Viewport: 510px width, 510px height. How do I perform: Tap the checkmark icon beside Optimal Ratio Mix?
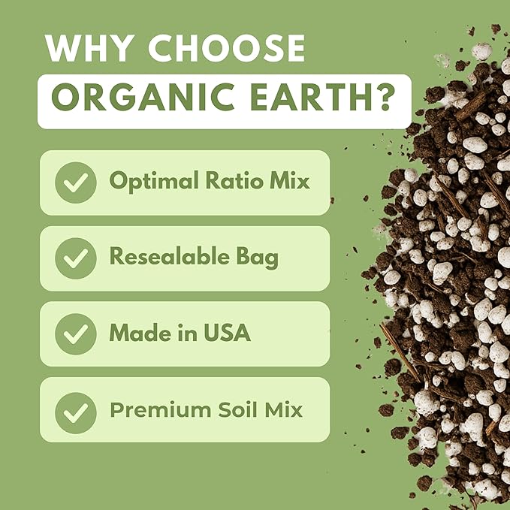tap(76, 183)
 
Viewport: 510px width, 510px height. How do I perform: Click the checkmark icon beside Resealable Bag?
tap(76, 258)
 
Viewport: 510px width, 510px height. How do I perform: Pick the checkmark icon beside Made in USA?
tap(76, 334)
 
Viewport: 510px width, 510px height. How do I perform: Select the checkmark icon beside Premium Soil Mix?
tap(76, 410)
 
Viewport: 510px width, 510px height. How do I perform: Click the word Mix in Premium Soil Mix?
tap(283, 410)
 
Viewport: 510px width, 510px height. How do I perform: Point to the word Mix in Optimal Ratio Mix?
tap(288, 181)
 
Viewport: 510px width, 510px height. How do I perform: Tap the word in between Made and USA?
tap(186, 333)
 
